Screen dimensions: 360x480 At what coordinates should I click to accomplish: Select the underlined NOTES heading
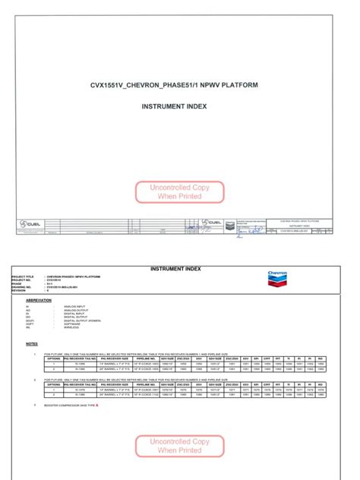(31, 343)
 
